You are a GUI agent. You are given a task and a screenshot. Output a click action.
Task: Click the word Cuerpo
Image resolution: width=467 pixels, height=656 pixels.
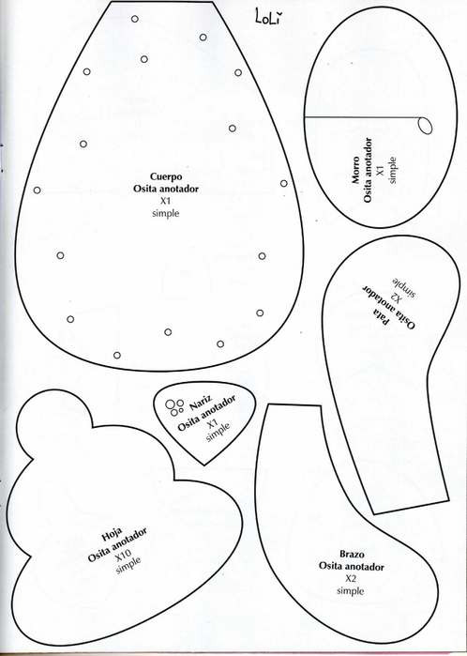coord(166,176)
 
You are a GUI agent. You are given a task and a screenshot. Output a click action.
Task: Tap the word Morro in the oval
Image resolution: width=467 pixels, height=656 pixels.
coord(355,170)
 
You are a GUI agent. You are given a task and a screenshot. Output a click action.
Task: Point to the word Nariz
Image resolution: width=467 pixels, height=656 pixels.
coord(201,404)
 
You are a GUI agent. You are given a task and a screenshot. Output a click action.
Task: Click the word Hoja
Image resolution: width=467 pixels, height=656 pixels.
coord(112,534)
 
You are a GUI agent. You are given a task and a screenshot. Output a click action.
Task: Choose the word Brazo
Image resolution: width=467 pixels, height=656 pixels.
coord(352,555)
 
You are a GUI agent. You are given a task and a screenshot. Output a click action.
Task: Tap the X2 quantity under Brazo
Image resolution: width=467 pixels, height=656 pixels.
coord(351,579)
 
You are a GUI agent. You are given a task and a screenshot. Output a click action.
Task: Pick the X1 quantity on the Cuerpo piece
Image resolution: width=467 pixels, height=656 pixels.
coord(166,201)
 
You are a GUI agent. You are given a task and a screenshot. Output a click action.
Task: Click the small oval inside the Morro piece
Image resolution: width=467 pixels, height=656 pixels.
coord(425,125)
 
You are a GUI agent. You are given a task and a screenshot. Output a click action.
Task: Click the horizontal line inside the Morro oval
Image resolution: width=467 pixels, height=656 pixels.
coord(363,117)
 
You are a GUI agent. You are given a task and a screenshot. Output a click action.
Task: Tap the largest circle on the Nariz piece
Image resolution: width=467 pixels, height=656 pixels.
coord(170,404)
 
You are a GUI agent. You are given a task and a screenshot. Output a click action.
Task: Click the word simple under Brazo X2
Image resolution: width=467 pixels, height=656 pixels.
coord(351,590)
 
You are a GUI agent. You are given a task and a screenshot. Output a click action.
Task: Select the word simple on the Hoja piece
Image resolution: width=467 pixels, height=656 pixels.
coord(128,566)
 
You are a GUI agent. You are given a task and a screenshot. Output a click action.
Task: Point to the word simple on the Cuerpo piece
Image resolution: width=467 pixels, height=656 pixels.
coord(166,213)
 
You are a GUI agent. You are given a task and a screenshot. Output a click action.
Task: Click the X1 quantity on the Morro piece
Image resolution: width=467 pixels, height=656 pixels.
coord(380,170)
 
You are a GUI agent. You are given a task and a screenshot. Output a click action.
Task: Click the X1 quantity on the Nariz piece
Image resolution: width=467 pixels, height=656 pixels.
coord(212,424)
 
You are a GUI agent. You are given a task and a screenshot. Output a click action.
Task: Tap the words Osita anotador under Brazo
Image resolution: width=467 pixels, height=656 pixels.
coord(352,567)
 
